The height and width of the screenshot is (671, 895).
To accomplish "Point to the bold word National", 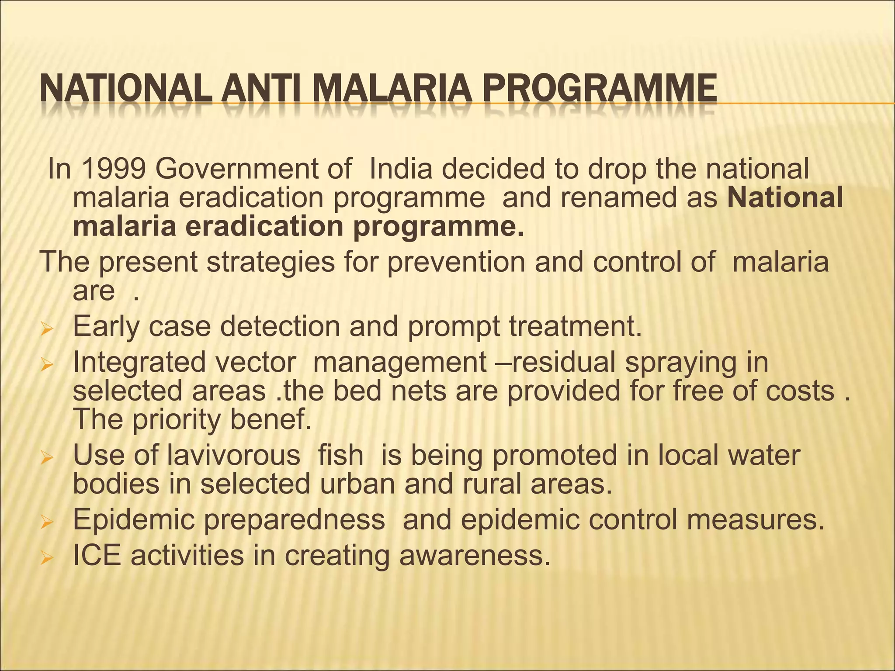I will [785, 197].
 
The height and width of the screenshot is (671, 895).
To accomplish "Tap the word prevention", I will [456, 262].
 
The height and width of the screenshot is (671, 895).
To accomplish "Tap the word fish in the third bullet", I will [340, 455].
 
